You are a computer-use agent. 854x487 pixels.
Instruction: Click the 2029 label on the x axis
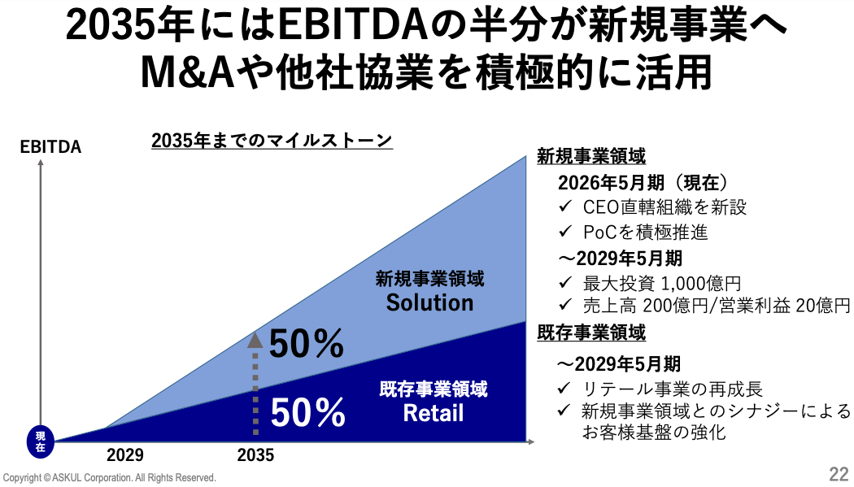coord(124,455)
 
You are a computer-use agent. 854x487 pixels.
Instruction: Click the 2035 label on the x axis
coord(255,455)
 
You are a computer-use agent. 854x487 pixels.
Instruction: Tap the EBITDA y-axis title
coord(50,147)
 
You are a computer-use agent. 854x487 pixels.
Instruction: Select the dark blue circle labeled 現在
coord(41,441)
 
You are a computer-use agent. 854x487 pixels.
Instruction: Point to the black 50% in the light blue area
coord(307,344)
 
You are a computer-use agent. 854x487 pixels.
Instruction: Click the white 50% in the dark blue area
coord(307,413)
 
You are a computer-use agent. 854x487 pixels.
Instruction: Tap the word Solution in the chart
coord(429,303)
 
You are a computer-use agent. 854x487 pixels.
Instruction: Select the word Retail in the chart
coord(434,413)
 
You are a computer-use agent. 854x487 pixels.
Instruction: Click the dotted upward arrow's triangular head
coord(255,340)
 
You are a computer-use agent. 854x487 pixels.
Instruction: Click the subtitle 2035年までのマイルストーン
coord(272,141)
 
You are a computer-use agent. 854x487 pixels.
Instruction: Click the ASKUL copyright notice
coord(110,478)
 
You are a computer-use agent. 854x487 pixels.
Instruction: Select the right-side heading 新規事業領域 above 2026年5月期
coord(591,156)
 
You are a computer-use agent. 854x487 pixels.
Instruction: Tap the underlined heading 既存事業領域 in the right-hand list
coord(591,332)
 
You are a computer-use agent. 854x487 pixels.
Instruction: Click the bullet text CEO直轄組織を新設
coord(664,207)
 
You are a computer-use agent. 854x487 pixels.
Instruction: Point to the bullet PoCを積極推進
coord(646,233)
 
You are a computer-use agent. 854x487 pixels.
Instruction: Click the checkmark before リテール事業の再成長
coord(564,388)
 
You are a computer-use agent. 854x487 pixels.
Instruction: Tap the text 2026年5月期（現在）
coord(643,183)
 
